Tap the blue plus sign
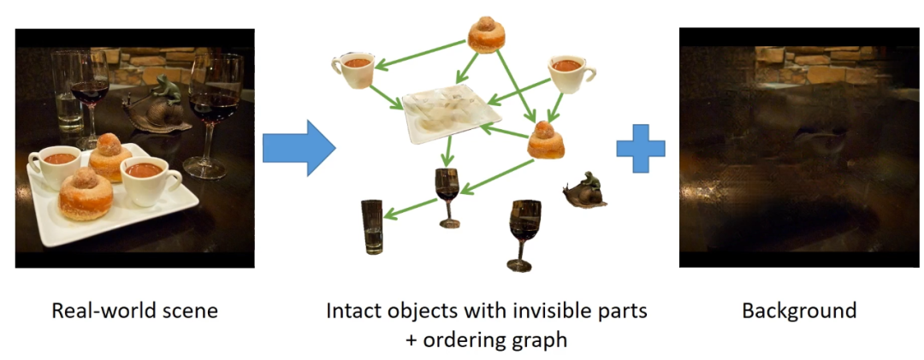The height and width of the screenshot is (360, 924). (x=640, y=147)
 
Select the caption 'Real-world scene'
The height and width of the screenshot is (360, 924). (x=135, y=310)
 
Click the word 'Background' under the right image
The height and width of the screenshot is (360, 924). (x=799, y=310)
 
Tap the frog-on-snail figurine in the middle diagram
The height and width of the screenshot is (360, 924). (x=587, y=190)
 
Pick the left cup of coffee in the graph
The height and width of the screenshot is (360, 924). (x=353, y=69)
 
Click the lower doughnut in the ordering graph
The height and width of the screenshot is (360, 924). (x=546, y=139)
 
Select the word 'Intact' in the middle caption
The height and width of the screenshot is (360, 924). (x=351, y=310)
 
